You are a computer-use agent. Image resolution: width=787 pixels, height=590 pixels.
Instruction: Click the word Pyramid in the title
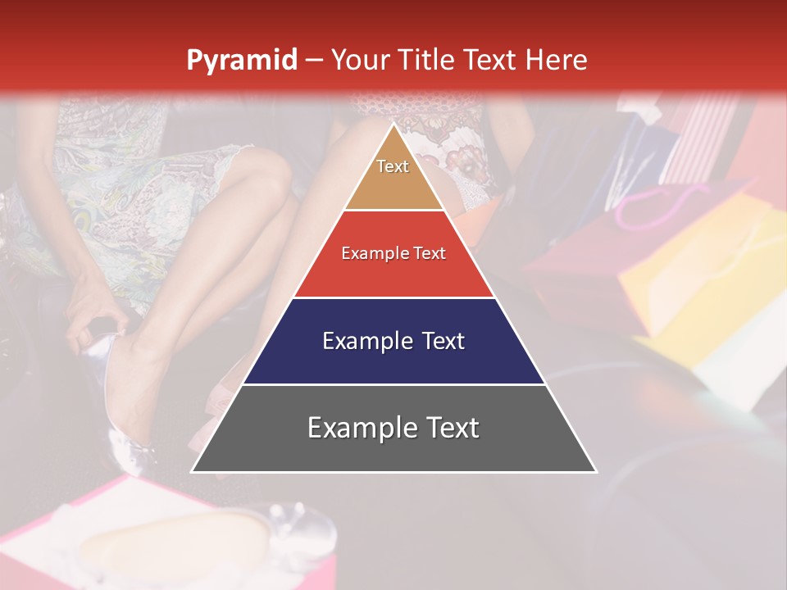coord(241,61)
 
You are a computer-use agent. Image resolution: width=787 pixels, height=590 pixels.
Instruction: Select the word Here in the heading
coord(556,60)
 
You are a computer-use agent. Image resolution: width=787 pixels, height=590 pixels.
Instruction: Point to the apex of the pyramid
coord(393,125)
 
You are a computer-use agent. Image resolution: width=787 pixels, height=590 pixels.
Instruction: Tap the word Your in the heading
coord(357,60)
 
